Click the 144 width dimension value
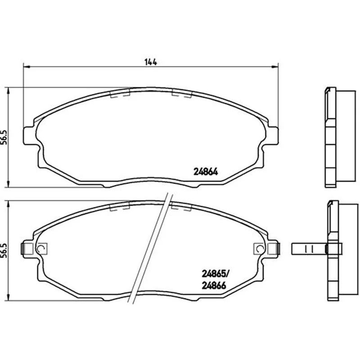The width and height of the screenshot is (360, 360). pos(151,62)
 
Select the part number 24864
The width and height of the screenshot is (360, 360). pos(206,172)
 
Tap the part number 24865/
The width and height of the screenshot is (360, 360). pos(216,274)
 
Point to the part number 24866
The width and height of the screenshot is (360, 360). pos(214,285)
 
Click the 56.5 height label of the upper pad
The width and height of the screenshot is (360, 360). pos(4,137)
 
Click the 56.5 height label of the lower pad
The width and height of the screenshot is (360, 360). pos(4,251)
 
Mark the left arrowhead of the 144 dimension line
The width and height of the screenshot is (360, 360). pos(27,67)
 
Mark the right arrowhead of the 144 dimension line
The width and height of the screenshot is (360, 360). pos(275,67)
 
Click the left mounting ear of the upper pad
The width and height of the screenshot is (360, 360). pos(29,136)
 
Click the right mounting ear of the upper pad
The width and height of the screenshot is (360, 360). pos(272,136)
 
